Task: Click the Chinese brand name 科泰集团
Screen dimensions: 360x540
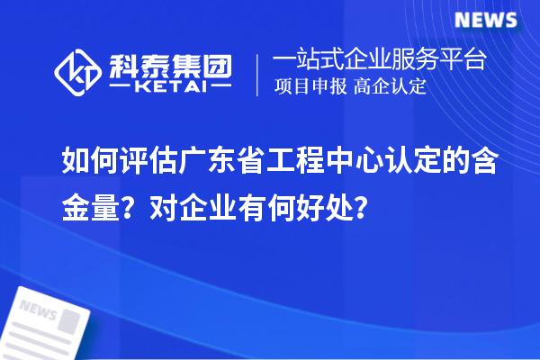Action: tap(171, 63)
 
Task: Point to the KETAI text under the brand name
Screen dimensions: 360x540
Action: tap(171, 86)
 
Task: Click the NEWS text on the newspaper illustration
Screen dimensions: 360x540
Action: tap(38, 311)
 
